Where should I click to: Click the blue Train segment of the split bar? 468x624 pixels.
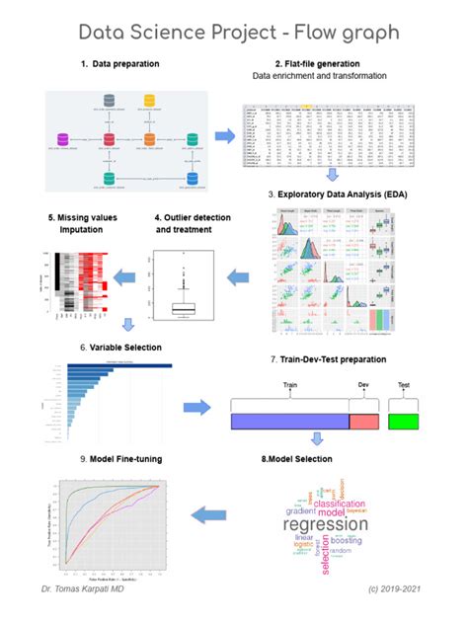(x=288, y=422)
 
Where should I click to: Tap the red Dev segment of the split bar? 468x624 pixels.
(x=363, y=422)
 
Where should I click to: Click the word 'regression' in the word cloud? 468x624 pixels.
(x=325, y=524)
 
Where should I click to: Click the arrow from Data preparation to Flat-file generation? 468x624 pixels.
(x=225, y=134)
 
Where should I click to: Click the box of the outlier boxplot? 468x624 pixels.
(x=184, y=308)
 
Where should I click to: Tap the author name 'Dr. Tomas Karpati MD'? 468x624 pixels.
(x=90, y=588)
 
